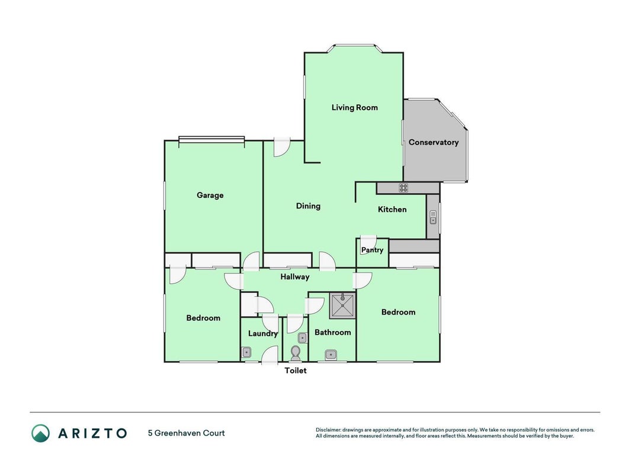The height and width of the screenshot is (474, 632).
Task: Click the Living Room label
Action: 355,108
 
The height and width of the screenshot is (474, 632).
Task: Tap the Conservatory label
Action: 434,142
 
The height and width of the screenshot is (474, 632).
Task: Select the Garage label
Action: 210,196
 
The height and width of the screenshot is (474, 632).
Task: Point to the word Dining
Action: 309,206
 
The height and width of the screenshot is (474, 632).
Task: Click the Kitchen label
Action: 392,209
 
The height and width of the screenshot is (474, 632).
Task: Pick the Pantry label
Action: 372,250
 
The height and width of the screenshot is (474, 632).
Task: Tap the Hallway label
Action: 295,277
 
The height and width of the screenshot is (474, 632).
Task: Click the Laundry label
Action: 263,334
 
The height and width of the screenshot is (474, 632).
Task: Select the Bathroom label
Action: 332,332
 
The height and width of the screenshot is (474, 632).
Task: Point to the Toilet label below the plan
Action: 296,370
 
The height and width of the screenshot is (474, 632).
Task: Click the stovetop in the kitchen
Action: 403,188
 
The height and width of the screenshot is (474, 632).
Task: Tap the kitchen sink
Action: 433,217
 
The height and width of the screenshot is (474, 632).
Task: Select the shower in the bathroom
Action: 342,306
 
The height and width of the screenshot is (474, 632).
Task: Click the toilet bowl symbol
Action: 296,353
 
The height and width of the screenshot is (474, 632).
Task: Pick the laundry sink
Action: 246,353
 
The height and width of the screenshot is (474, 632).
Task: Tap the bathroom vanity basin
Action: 331,355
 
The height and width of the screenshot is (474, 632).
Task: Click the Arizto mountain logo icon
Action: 41,433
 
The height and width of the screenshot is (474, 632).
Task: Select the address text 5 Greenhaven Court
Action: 186,433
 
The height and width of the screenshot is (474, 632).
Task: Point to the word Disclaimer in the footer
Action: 328,430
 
